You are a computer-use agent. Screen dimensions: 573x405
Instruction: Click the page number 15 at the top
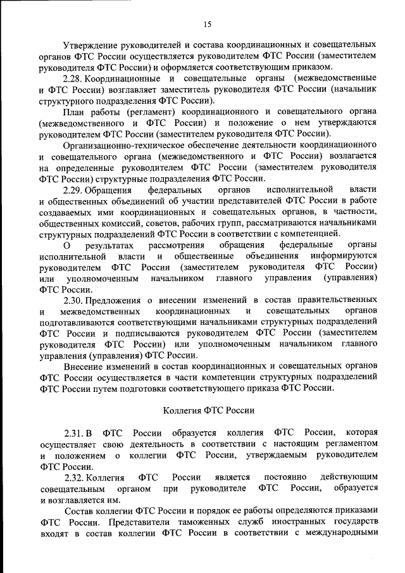click(208, 24)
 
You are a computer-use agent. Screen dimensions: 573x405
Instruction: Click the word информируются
click(342, 256)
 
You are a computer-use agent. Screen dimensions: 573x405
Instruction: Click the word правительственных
click(335, 300)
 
